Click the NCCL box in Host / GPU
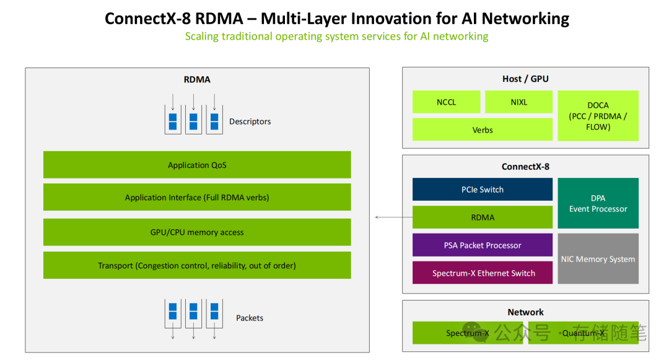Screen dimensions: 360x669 [446, 102]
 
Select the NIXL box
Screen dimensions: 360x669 [518, 102]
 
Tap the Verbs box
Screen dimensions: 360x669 [482, 130]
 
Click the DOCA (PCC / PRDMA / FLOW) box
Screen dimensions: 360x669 [598, 116]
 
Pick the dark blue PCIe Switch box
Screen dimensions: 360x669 [482, 190]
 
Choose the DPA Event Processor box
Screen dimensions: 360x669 [598, 203]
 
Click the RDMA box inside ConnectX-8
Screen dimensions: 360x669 [482, 217]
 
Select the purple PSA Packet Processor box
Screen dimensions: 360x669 [482, 245]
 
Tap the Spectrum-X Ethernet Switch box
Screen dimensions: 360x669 [482, 273]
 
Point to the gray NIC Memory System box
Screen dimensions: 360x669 [598, 259]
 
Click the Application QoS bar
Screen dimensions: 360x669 [197, 165]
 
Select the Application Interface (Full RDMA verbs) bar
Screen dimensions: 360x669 [197, 198]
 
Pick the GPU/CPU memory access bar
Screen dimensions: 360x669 [197, 232]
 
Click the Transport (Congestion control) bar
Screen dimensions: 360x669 [197, 265]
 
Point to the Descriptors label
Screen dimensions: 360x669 [250, 121]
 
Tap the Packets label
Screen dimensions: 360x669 [250, 318]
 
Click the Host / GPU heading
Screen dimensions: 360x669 [525, 79]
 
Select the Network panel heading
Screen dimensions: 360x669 [525, 312]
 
